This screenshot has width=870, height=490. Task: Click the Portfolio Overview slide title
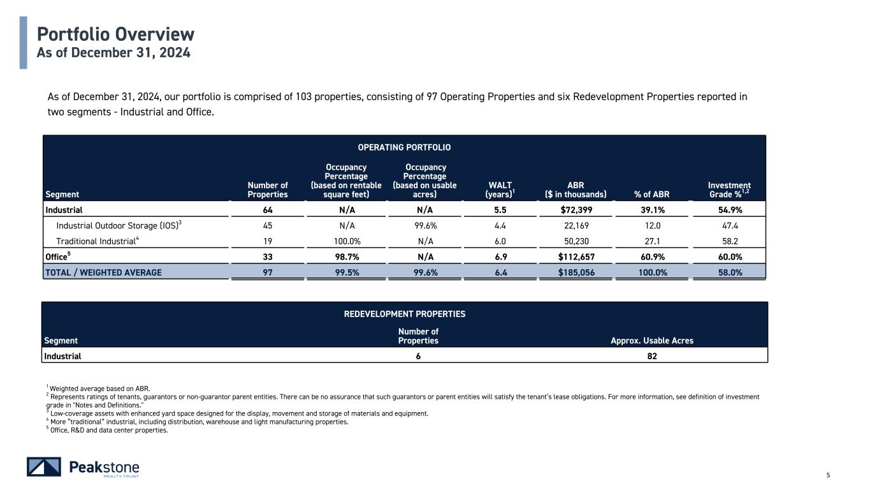coord(115,34)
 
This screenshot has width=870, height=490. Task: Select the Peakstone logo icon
coord(44,467)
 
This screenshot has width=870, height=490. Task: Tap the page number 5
coord(828,475)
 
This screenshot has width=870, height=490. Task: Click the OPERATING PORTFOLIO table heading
coord(404,147)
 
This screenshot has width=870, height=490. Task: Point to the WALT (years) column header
coord(500,189)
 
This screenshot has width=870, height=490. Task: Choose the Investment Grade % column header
coord(729,189)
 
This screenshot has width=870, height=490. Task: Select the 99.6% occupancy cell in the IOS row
coord(425,225)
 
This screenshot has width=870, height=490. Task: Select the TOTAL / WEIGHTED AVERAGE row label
coord(103,272)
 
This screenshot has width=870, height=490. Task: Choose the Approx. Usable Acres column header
coord(652,341)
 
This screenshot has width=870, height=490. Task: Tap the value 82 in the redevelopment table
coord(652,356)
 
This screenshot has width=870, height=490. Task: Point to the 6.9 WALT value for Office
coord(500,257)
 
